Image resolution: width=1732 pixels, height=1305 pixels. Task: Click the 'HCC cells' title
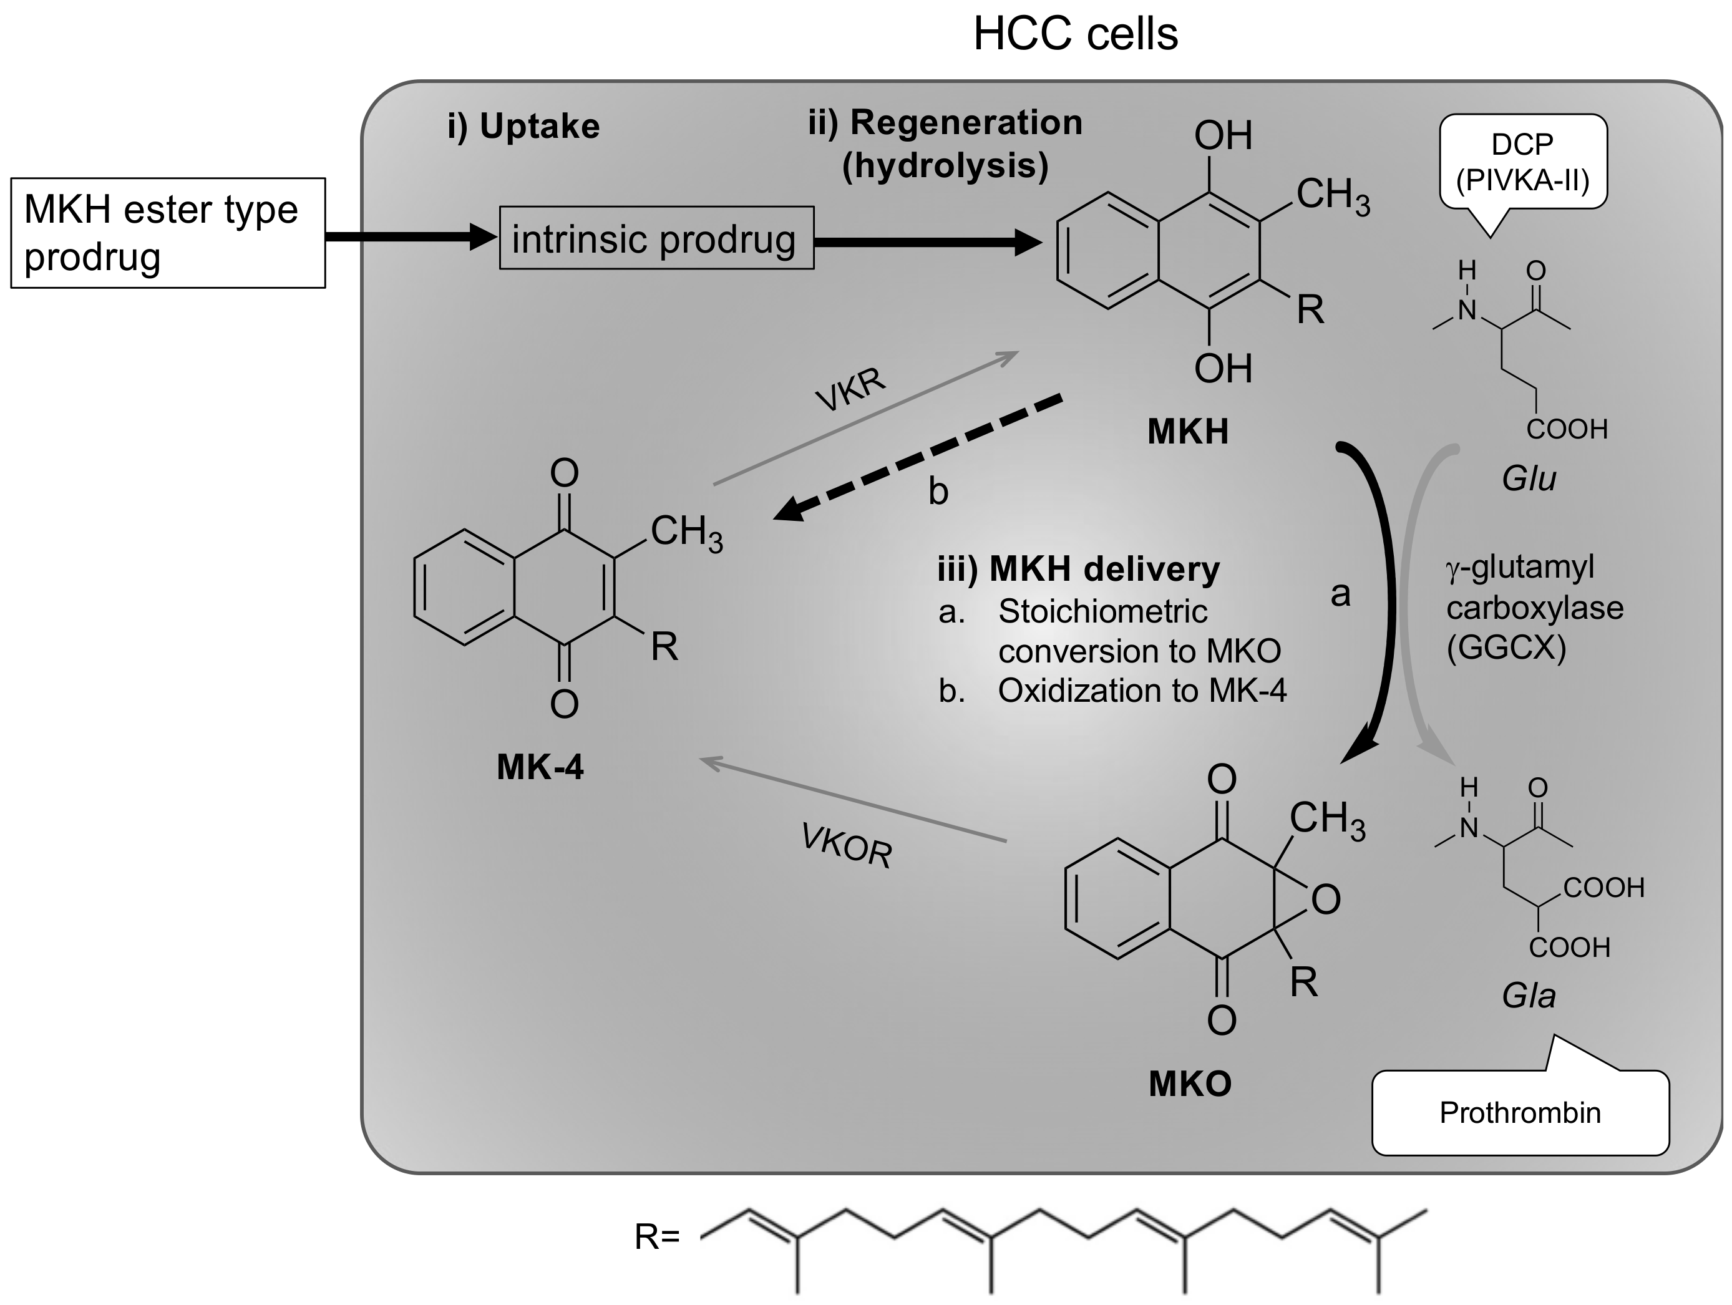coord(1075,34)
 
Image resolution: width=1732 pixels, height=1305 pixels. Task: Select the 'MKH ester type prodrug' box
coord(168,233)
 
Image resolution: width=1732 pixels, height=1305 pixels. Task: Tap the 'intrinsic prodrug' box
coord(656,238)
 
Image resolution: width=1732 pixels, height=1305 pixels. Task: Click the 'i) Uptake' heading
coord(523,126)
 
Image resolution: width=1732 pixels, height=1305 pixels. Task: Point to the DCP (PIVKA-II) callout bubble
coord(1522,163)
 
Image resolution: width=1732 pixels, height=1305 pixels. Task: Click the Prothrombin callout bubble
coord(1520,1112)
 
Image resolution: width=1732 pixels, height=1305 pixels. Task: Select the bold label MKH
coord(1187,431)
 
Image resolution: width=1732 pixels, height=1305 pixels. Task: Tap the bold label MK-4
coord(540,767)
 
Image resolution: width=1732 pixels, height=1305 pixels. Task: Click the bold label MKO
coord(1189,1084)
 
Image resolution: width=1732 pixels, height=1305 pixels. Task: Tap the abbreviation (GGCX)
coord(1506,648)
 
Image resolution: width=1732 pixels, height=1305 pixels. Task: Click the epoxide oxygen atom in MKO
coord(1325,900)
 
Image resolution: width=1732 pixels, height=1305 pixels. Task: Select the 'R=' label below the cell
coord(657,1237)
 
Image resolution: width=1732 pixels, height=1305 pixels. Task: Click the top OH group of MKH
coord(1222,136)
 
